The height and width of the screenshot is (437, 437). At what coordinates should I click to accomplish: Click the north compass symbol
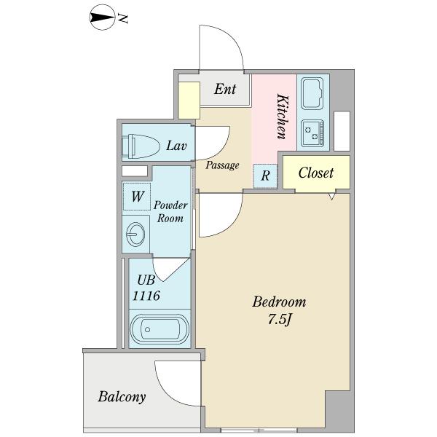click(x=102, y=17)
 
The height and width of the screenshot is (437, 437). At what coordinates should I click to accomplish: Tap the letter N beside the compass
click(x=123, y=18)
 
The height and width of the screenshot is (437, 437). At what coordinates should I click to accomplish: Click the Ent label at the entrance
click(x=225, y=89)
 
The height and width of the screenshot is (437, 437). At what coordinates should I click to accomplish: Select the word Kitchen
click(x=282, y=117)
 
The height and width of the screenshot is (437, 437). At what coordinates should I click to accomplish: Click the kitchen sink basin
click(x=312, y=93)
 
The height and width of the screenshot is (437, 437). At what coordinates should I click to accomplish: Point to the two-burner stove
click(x=313, y=133)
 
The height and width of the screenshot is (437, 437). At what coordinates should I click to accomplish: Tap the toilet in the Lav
click(x=141, y=146)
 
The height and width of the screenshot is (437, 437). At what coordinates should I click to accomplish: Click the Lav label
click(x=176, y=146)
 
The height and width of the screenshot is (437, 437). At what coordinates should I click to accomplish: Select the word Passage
click(x=222, y=165)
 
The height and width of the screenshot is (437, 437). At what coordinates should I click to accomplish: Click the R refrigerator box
click(x=265, y=176)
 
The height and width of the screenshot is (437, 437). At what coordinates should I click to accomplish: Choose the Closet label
click(x=316, y=173)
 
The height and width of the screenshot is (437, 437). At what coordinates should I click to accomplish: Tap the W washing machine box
click(x=137, y=197)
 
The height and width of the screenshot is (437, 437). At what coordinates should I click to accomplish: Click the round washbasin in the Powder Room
click(x=135, y=234)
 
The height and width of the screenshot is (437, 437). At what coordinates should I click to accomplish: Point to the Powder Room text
click(x=170, y=212)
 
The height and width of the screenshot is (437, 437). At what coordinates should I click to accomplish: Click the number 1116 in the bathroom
click(x=146, y=296)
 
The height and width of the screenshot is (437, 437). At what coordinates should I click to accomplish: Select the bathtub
click(x=160, y=329)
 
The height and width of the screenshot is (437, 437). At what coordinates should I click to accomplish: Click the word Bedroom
click(x=279, y=302)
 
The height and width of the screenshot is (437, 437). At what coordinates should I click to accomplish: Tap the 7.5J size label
click(x=280, y=320)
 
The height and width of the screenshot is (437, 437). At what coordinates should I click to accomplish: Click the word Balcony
click(x=122, y=397)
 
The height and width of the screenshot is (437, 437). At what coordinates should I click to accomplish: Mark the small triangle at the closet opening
click(x=331, y=196)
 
